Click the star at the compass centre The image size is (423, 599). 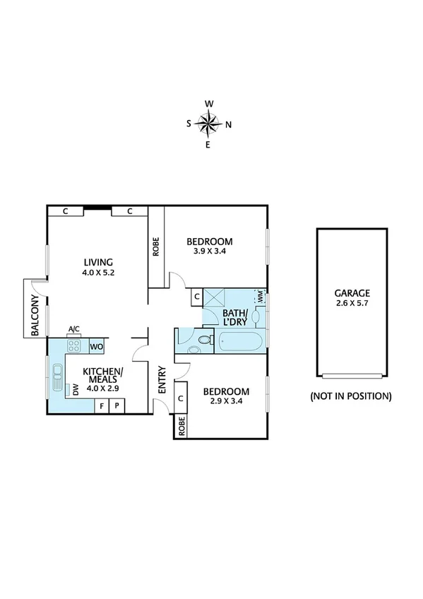coord(209,124)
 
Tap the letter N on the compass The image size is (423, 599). coord(228,125)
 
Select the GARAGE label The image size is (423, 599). coord(352,293)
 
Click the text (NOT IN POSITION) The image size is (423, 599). coord(351,396)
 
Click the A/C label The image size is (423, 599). coord(73,328)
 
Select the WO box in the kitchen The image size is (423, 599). coord(96,347)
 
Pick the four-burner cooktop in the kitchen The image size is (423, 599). coord(73,345)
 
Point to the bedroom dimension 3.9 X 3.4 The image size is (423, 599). coord(213,250)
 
